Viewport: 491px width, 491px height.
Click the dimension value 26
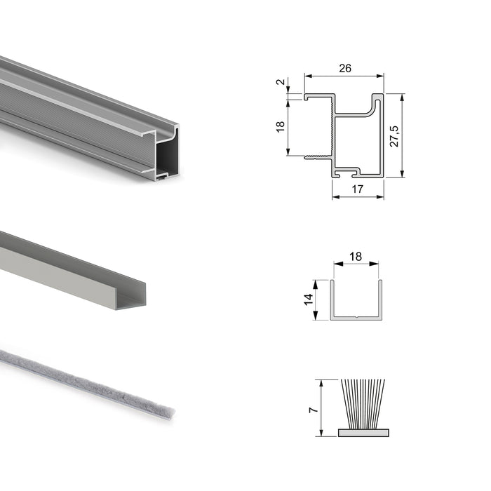point(344,68)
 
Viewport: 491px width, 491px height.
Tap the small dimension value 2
point(281,83)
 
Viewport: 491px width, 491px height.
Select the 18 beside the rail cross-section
point(281,126)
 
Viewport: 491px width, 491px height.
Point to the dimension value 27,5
point(394,135)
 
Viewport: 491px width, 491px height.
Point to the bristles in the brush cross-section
point(362,403)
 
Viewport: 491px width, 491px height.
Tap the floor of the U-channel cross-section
point(356,318)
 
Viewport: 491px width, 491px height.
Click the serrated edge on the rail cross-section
point(329,130)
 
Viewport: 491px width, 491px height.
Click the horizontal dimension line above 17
point(358,197)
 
